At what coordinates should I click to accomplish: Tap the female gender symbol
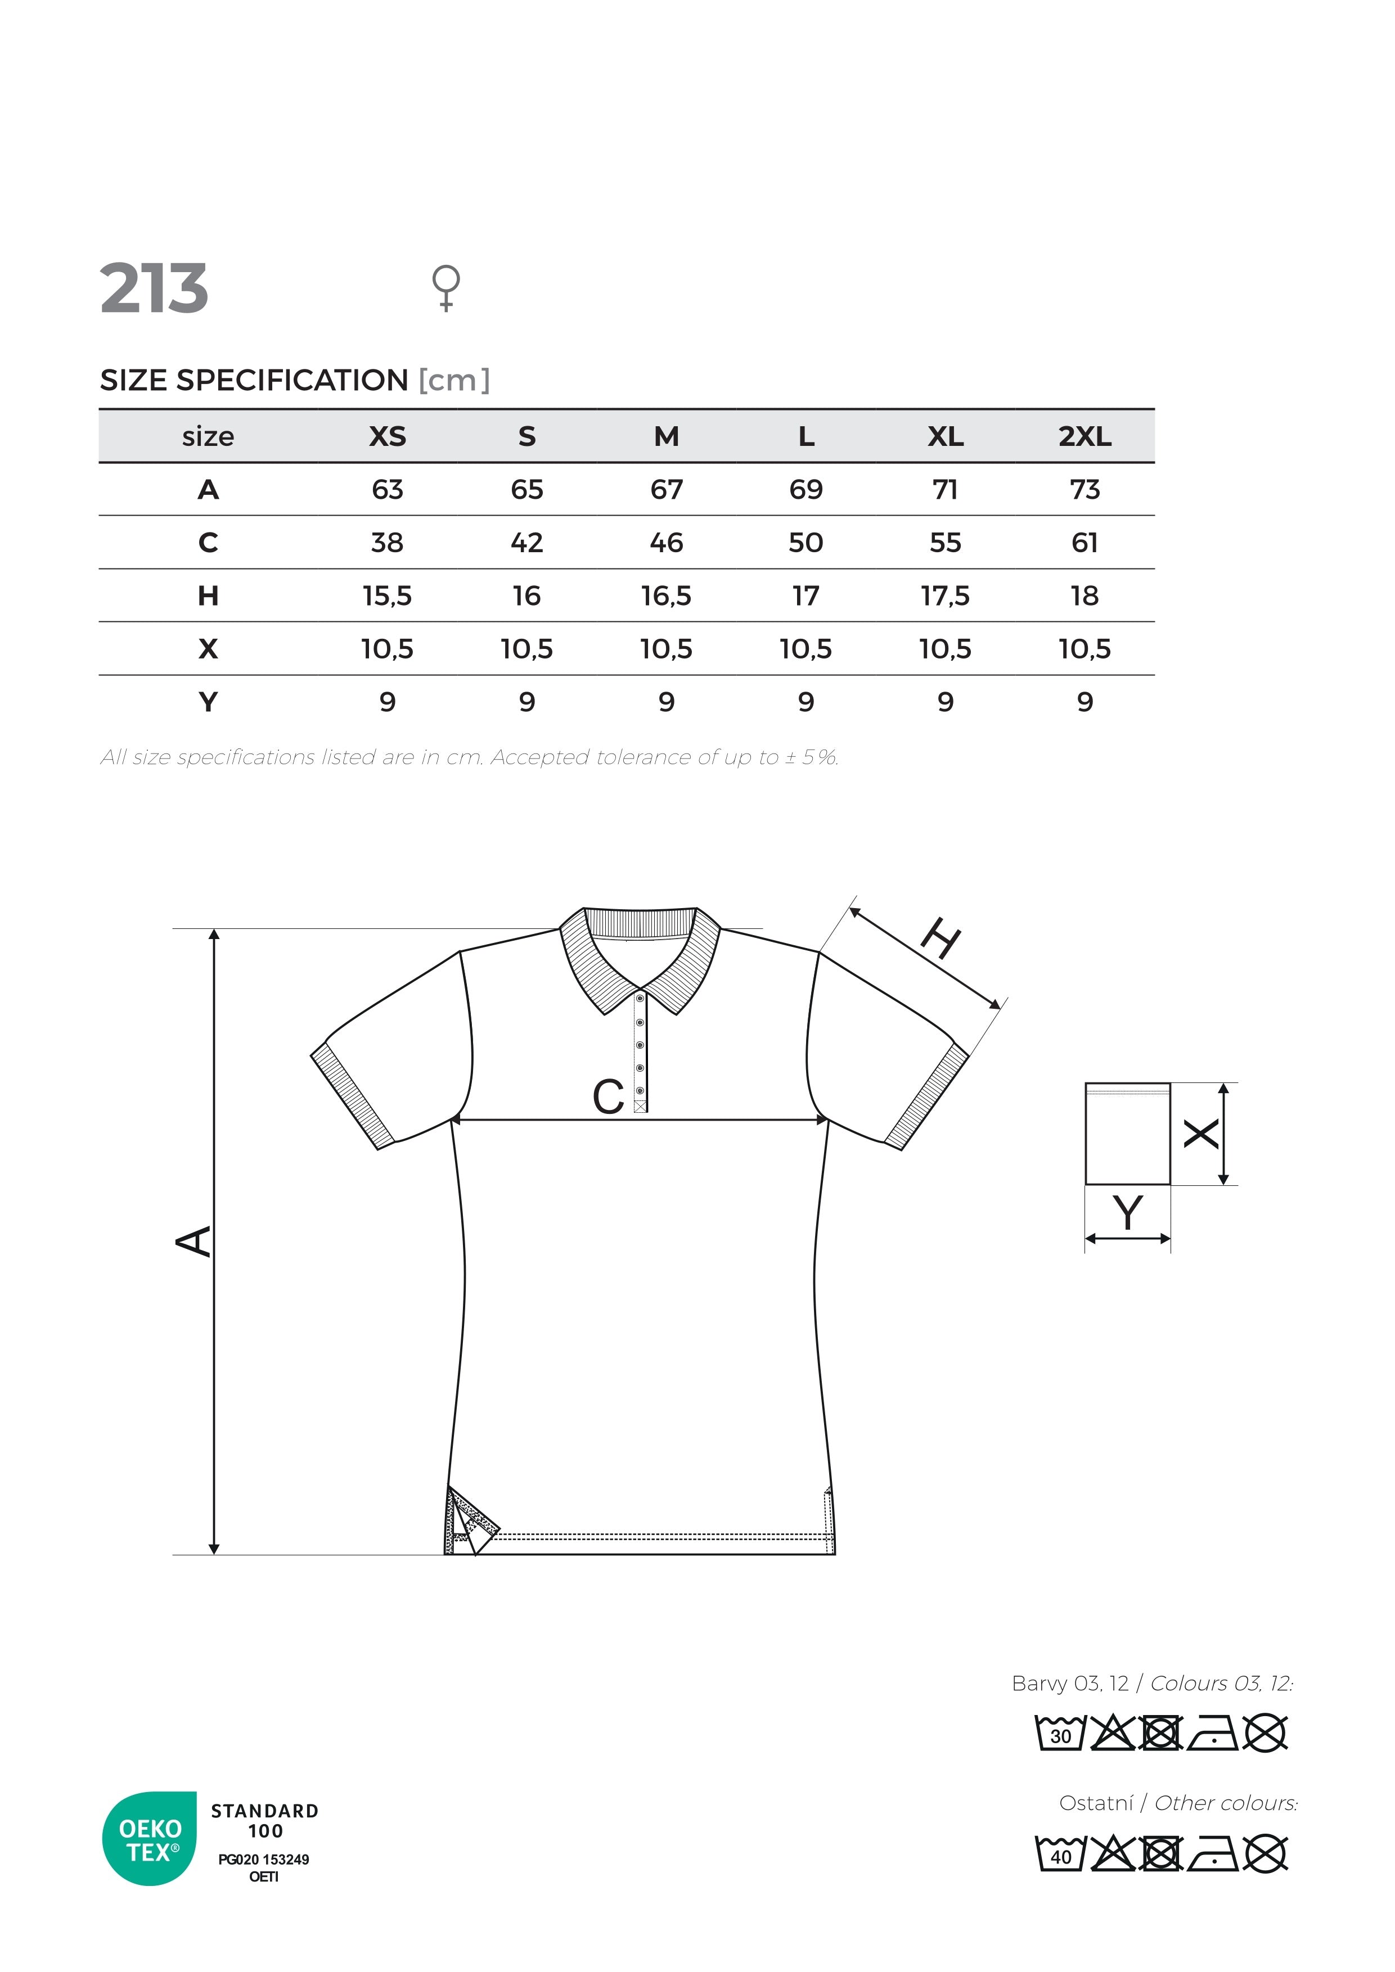[446, 287]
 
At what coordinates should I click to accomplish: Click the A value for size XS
[388, 490]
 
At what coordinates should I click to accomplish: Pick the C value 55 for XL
[945, 543]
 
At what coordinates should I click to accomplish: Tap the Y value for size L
[805, 702]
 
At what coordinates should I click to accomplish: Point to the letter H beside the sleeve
[940, 938]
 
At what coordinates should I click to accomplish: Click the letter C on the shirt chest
[608, 1097]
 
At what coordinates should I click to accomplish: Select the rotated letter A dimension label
[194, 1241]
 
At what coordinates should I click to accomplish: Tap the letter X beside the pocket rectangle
[1201, 1134]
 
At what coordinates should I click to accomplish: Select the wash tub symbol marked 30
[1061, 1733]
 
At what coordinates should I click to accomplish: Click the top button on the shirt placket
[640, 999]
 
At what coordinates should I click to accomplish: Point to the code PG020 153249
[264, 1860]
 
